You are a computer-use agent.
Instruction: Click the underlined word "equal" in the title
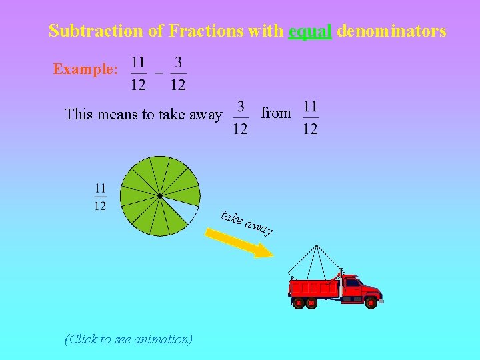(310, 31)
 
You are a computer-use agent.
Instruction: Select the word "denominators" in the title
(391, 31)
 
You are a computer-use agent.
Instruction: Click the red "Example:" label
(85, 69)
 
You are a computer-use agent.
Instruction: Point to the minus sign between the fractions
(159, 71)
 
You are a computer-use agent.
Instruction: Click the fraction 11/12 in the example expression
(138, 73)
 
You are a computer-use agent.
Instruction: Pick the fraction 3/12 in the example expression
(178, 73)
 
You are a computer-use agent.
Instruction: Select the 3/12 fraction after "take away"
(241, 117)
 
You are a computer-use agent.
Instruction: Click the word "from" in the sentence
(276, 113)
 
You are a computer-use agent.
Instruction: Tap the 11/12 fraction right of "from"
(311, 117)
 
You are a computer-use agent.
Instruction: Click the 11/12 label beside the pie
(100, 197)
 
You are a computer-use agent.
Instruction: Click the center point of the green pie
(159, 196)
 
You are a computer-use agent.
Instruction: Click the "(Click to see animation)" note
(129, 339)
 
